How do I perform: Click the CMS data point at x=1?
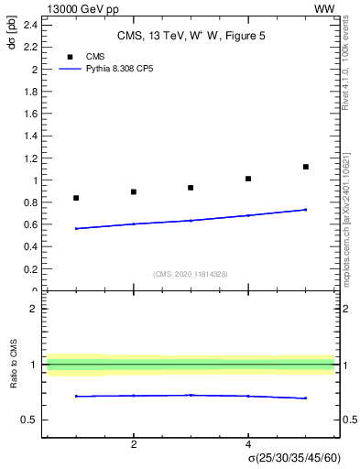point(76,198)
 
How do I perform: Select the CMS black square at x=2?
point(134,191)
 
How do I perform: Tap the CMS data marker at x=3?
point(191,188)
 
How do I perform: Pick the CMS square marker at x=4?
point(248,179)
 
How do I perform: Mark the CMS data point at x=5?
point(305,167)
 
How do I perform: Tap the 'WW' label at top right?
point(323,8)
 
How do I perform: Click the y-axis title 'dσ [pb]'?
point(13,40)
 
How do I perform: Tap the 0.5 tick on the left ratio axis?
point(30,420)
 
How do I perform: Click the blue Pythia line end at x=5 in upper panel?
point(305,210)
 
